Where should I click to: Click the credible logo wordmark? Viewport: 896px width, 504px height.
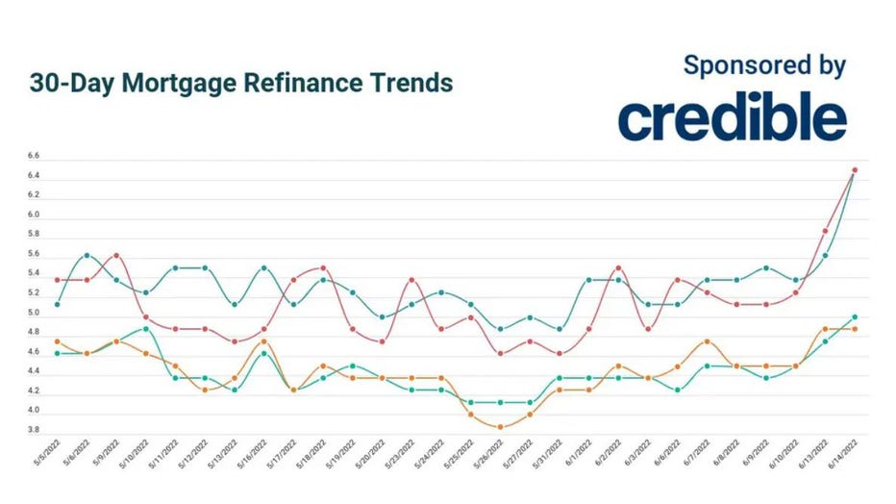[x=732, y=118]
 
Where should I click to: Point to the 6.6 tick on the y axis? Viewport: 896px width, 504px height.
[x=33, y=156]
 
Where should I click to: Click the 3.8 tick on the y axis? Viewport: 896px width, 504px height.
[x=33, y=430]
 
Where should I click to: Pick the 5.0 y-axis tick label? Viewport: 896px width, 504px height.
[x=33, y=313]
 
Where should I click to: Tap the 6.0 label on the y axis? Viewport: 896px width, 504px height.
[x=33, y=214]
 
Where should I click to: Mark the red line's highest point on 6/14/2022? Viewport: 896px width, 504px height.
[x=855, y=170]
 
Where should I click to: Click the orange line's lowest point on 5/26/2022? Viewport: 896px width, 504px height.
[x=500, y=427]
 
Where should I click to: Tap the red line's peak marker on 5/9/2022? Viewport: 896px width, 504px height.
[x=116, y=255]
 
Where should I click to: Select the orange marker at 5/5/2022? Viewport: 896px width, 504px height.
[x=58, y=341]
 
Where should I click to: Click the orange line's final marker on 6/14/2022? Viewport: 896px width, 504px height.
[x=855, y=329]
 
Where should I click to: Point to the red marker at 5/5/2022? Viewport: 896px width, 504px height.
[x=58, y=280]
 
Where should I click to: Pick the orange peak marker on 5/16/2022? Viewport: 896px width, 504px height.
[x=263, y=341]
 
